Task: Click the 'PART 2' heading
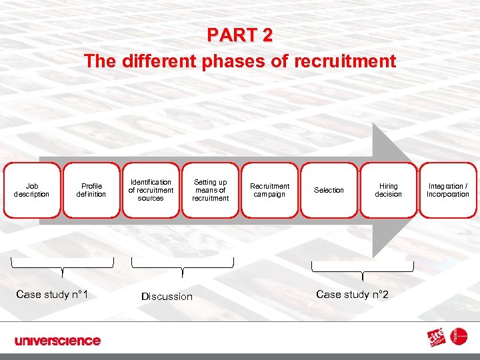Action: click(239, 35)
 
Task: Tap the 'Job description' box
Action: click(32, 190)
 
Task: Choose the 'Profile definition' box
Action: click(91, 190)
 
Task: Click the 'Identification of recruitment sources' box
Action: click(151, 190)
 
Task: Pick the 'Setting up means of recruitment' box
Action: click(210, 190)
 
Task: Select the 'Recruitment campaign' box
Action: click(269, 190)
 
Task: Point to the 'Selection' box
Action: click(329, 190)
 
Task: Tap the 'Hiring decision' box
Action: click(388, 190)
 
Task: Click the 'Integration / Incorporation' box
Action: click(448, 190)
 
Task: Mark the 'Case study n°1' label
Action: click(53, 295)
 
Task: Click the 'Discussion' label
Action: click(167, 297)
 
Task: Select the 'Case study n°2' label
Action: click(352, 295)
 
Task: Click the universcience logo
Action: click(58, 341)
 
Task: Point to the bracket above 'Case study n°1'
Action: click(62, 265)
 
